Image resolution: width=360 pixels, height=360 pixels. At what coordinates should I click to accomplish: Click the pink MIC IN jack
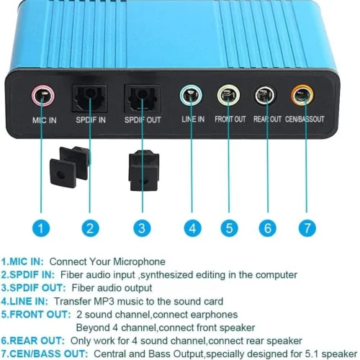point(43,96)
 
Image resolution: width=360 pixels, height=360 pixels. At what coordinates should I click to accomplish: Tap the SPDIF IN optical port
point(89,99)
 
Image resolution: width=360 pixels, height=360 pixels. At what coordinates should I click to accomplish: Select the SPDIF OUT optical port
point(142,99)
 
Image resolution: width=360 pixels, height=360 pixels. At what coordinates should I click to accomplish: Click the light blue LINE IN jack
point(191,95)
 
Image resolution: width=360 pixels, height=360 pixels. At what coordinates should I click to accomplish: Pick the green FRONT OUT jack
point(228,95)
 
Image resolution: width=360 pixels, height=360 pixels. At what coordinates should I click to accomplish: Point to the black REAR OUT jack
point(265,95)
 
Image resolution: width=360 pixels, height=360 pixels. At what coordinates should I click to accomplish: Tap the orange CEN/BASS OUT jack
point(302,95)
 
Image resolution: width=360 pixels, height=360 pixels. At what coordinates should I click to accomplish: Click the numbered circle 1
point(41,228)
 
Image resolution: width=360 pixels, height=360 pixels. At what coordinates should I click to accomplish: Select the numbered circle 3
point(142,228)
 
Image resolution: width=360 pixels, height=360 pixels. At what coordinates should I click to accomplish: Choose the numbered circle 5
point(230,228)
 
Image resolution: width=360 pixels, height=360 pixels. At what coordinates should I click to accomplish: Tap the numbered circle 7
point(307,228)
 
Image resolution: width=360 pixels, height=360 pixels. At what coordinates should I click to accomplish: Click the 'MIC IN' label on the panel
point(45,120)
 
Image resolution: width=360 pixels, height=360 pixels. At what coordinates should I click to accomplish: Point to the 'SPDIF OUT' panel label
point(143,120)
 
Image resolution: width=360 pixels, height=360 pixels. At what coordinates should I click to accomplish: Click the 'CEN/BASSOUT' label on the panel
point(305,120)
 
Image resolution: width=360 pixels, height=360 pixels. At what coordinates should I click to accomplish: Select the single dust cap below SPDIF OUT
point(144,171)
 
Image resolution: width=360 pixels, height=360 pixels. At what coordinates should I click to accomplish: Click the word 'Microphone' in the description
point(140,262)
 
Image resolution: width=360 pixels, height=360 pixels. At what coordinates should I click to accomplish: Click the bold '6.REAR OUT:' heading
point(33,341)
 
